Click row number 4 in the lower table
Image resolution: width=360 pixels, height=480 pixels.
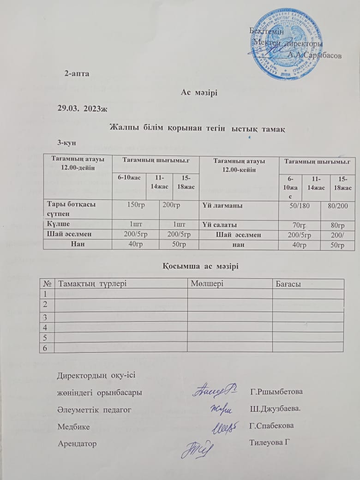[x=46, y=327]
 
